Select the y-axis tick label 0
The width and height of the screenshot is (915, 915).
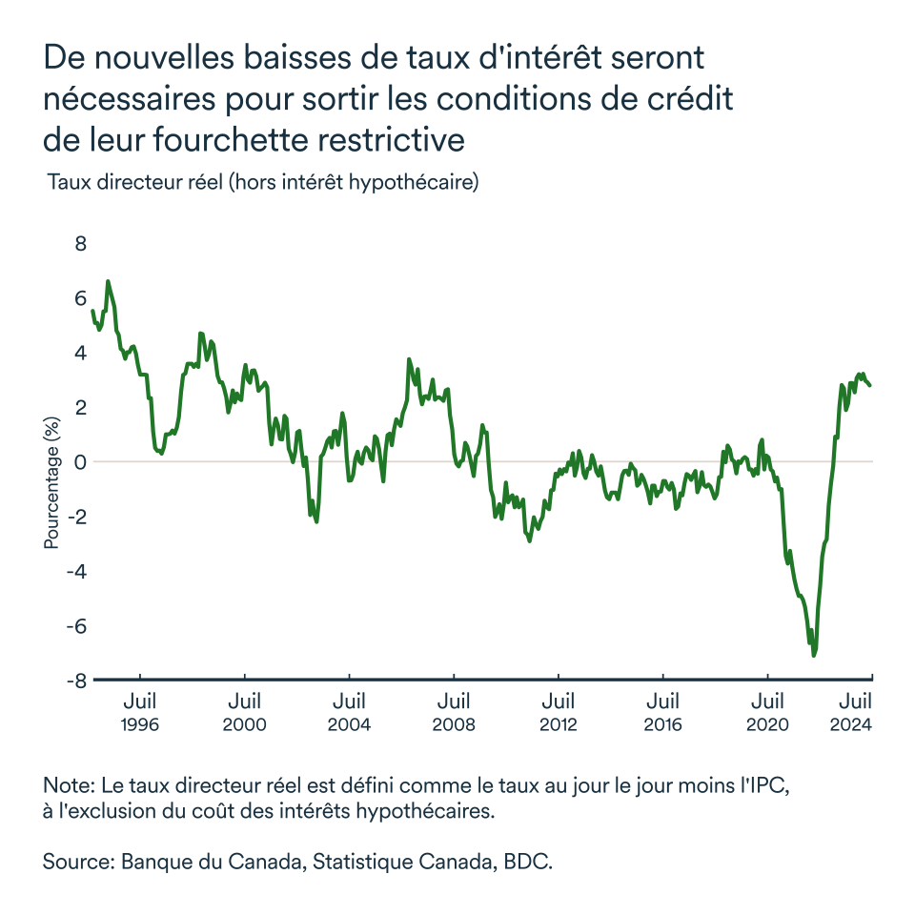pos(80,462)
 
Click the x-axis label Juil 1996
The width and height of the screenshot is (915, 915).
pos(140,713)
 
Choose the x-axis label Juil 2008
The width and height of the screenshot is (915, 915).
pos(454,713)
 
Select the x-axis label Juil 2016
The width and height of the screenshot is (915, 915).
pos(662,713)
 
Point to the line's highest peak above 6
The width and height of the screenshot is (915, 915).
pos(108,281)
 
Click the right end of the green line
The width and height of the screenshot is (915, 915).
pos(870,385)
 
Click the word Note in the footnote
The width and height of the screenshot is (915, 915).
pos(65,787)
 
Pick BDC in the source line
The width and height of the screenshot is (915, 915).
pos(529,862)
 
